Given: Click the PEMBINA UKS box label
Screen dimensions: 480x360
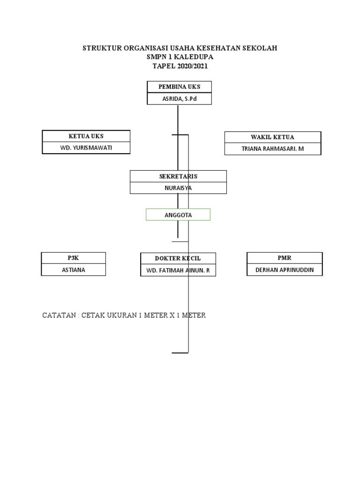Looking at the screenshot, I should click(180, 87).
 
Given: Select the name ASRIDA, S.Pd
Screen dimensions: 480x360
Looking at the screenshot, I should click(180, 99).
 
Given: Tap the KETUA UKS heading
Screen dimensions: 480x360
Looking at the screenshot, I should click(86, 136).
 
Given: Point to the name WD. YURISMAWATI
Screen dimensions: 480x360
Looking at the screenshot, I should click(86, 148).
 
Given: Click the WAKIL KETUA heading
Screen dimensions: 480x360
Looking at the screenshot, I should click(273, 137).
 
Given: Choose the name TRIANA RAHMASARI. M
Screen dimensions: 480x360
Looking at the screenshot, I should click(273, 149).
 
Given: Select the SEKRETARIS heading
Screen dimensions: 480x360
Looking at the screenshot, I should click(178, 176).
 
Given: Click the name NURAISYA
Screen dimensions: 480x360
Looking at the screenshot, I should click(178, 188).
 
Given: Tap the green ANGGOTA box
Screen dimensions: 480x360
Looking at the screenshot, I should click(178, 215).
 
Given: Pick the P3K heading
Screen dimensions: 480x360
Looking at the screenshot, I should click(74, 258).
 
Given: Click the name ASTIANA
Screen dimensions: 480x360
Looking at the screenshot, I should click(74, 270).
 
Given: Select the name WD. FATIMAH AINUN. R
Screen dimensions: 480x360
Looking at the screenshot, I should click(178, 270).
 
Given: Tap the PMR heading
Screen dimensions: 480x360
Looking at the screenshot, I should click(285, 258).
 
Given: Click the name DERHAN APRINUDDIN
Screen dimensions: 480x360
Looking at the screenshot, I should click(285, 270).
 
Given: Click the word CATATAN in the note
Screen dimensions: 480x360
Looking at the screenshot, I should click(60, 315).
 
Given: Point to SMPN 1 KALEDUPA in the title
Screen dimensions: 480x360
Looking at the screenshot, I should click(180, 57).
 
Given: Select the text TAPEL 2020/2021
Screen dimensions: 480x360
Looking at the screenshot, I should click(180, 66).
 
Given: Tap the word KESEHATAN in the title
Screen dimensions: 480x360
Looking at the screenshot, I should click(220, 48).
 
